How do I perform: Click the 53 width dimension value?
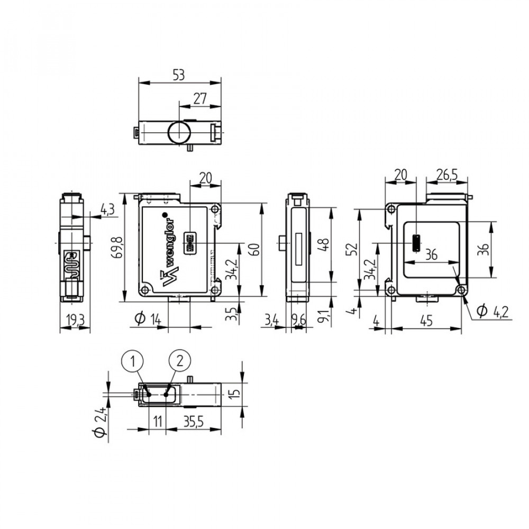pos(179,75)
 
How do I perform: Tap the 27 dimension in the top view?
pos(200,98)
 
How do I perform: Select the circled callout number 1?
pos(133,361)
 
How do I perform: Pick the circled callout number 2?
pos(179,361)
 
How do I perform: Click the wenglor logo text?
pos(170,250)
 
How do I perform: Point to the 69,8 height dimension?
pos(119,248)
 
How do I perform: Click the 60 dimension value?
pos(256,249)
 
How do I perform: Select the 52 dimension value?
pos(352,249)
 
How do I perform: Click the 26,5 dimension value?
pos(447,175)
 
